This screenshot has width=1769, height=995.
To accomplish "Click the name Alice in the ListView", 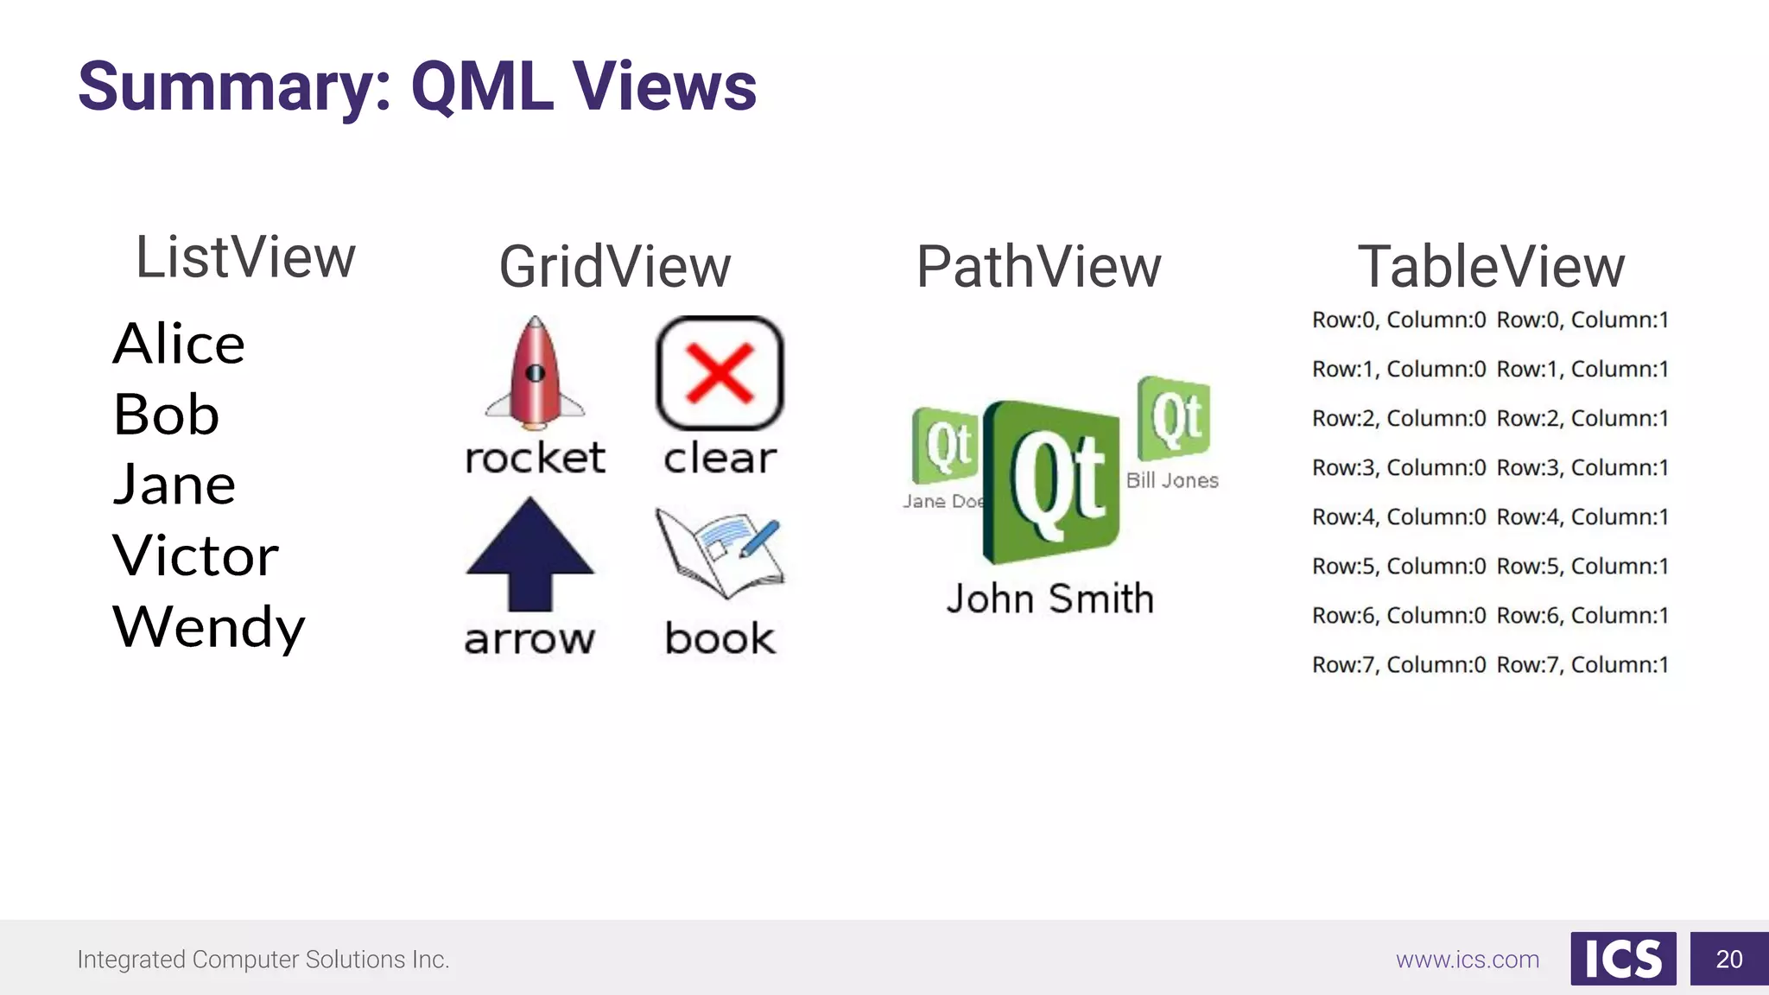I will [179, 344].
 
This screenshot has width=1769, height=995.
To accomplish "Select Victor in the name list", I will [195, 555].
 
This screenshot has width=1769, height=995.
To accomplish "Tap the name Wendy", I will [208, 626].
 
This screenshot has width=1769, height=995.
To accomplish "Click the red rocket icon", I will [535, 373].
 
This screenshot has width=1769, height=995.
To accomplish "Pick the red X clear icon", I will [720, 373].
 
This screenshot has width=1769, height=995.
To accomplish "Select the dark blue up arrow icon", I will [529, 554].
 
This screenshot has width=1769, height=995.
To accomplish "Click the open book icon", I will [719, 553].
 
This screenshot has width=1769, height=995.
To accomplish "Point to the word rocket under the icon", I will [535, 458].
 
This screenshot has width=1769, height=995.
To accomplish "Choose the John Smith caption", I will [1049, 599].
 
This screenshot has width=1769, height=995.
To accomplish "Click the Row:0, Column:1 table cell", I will [1582, 320].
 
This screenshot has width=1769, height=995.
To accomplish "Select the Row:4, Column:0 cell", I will [1398, 517].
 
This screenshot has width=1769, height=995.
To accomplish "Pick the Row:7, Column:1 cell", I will [1582, 665].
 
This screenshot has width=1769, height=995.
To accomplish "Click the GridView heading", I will [615, 267].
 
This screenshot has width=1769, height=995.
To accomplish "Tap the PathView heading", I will [1038, 267].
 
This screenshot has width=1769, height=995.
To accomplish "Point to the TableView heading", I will [1491, 267].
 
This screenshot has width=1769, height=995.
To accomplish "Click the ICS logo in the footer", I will [1623, 959].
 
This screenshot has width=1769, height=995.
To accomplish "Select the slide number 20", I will [1728, 959].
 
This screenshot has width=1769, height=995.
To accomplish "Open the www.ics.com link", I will [1468, 960].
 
